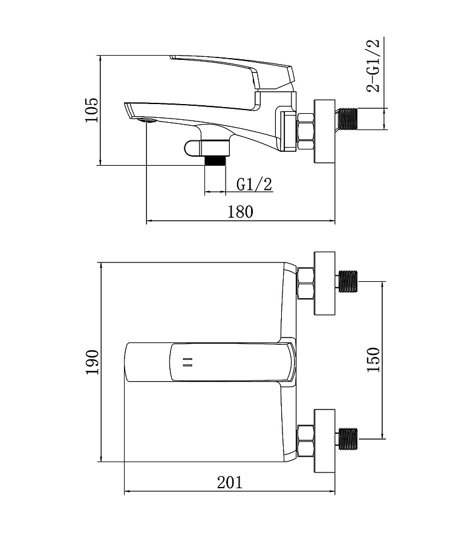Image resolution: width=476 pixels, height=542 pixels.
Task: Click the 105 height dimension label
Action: tap(91, 109)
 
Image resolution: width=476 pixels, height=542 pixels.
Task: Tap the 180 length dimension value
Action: tap(240, 212)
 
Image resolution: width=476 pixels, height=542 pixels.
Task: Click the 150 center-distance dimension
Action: tap(374, 359)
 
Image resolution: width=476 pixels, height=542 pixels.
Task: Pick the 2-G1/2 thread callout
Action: tap(374, 65)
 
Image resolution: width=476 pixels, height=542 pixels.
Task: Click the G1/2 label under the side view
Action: tap(254, 184)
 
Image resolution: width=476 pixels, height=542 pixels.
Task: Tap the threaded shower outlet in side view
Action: tap(215, 160)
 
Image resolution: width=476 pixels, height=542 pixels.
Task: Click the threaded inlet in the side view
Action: tap(348, 119)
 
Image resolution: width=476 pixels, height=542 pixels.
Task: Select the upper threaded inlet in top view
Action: tap(348, 282)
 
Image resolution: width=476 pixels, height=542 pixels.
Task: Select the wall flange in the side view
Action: tap(325, 131)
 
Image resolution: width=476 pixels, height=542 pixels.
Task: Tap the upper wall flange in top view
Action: tap(325, 282)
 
